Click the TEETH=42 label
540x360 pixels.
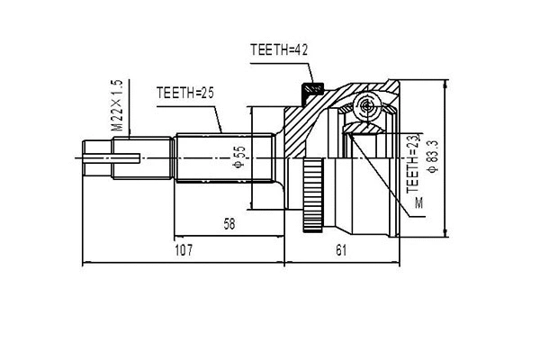pos(279,51)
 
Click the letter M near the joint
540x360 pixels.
pos(418,205)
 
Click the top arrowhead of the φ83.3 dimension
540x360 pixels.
pos(445,81)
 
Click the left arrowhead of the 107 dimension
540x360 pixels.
pos(84,264)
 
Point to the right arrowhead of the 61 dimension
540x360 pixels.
pos(398,264)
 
